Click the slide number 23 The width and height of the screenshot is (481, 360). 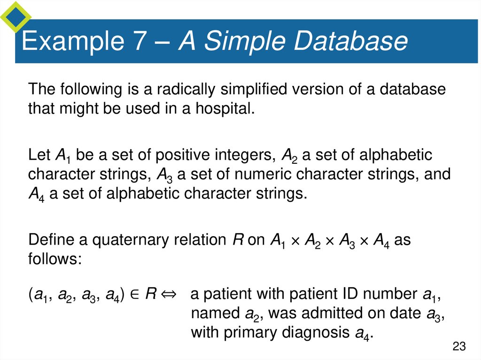click(x=459, y=347)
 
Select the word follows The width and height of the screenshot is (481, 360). click(x=54, y=259)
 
